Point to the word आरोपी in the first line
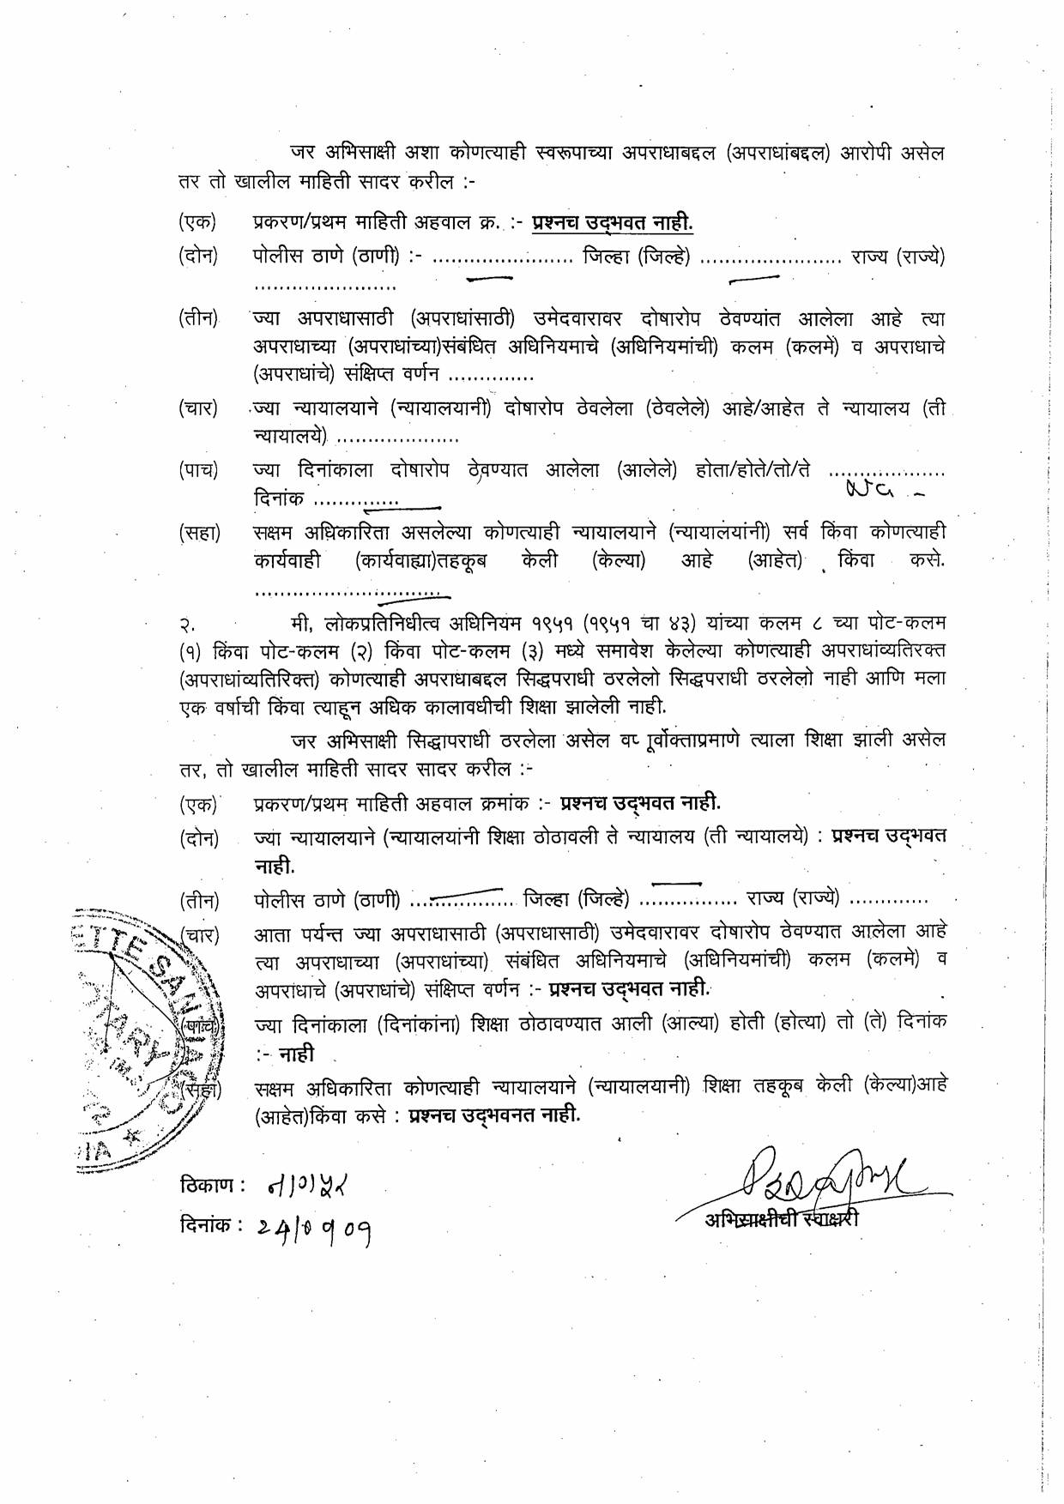tap(873, 154)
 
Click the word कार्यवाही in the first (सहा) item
tap(287, 561)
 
